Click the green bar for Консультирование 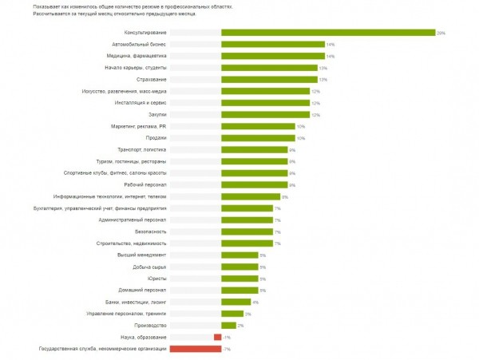pos(327,33)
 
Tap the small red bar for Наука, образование pos(217,337)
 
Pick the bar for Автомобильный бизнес pos(272,45)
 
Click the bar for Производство pos(228,325)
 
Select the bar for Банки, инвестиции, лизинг pos(236,302)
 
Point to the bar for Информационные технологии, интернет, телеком pos(250,196)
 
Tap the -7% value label pos(226,349)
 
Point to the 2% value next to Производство pos(240,326)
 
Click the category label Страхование pos(151,80)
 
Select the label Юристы pos(158,279)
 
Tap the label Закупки pos(157,115)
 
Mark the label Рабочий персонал pos(146,184)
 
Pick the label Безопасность pos(150,231)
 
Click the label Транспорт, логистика pos(142,150)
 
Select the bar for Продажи pos(258,138)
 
